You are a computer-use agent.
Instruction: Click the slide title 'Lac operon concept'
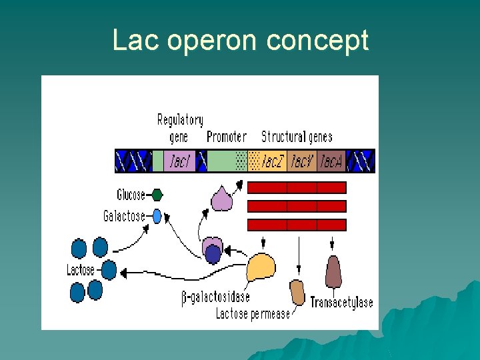240,41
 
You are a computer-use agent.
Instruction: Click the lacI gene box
179,161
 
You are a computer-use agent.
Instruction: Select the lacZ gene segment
268,161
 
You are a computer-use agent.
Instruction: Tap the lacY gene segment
301,161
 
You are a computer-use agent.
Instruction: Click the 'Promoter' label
227,137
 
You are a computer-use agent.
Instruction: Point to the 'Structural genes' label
297,137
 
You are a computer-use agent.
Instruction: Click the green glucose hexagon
157,195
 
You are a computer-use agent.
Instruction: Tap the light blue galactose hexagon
157,216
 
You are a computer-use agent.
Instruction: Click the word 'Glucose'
131,195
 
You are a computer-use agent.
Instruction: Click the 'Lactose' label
81,270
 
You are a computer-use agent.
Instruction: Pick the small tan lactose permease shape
297,292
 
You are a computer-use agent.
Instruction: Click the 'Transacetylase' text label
341,303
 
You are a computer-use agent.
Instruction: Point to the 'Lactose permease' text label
253,313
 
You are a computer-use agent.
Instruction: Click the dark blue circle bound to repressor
213,254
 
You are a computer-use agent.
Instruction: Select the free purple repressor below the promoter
221,198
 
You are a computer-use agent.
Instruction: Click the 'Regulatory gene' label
179,128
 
